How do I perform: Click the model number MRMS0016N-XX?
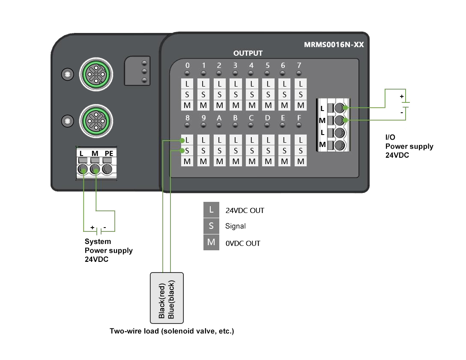coord(334,44)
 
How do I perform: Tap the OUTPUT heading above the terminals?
coord(248,53)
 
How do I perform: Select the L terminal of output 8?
coord(187,140)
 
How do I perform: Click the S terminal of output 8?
coord(187,150)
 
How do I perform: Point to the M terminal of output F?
coord(301,161)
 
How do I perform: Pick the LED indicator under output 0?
coord(187,74)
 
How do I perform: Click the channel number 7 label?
coord(299,65)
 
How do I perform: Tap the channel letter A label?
coord(219,118)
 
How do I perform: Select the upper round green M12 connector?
coord(96,75)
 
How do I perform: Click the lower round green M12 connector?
coord(96,121)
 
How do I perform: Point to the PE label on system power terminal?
coord(108,153)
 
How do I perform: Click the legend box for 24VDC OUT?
coord(211,210)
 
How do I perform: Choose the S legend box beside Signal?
coord(211,226)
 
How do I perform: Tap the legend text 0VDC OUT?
coord(243,243)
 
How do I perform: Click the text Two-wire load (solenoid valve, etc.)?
coord(172,331)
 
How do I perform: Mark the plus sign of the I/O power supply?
coord(401,96)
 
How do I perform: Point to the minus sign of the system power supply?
coord(105,228)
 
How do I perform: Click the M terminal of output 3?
coord(236,105)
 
